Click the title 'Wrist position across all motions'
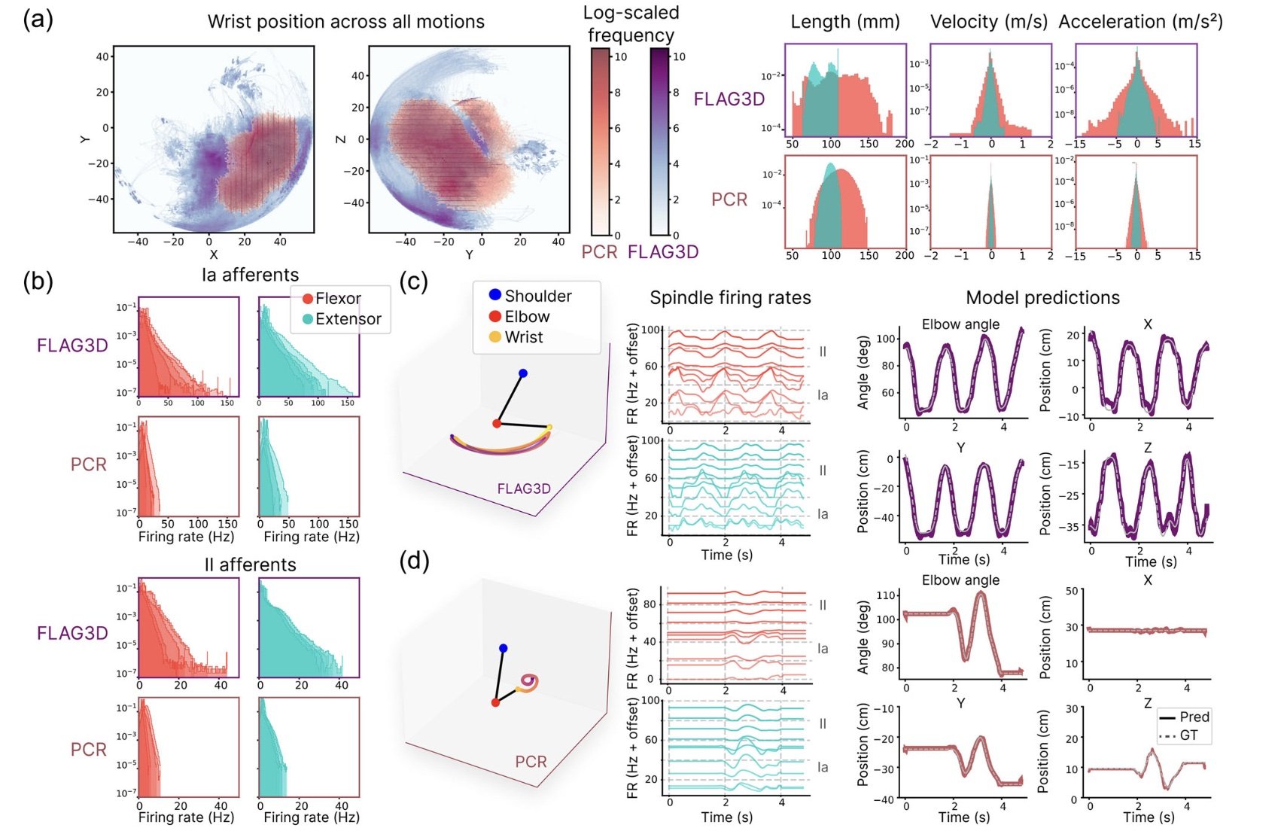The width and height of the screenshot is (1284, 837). coord(345,21)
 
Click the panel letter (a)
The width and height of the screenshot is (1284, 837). coord(38,18)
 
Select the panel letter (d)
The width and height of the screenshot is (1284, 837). coord(414,561)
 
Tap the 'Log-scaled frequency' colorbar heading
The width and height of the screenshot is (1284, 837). coord(631,23)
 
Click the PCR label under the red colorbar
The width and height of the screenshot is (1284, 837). coord(599,251)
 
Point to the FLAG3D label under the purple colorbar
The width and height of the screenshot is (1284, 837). coord(662,251)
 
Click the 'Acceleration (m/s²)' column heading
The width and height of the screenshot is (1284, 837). coord(1139,21)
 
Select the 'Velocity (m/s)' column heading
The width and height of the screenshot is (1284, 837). coord(988,21)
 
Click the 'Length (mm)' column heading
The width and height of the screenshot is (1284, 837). coord(844,21)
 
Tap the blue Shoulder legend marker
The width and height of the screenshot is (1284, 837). coord(494,295)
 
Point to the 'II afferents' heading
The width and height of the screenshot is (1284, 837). coord(250,565)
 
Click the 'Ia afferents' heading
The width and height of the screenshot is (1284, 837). coord(250,275)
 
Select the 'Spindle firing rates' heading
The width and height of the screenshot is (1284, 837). coord(729,297)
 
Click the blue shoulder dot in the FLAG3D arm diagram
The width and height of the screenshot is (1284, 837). coord(523,373)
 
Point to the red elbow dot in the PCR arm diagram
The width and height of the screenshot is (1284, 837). coord(495,702)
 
